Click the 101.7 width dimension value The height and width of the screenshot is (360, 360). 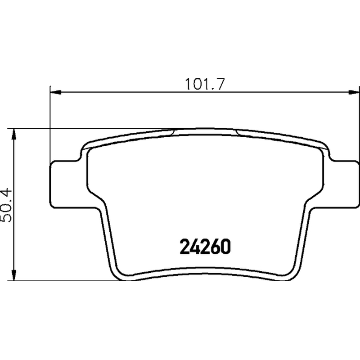[204, 84]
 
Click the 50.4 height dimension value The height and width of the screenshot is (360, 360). [6, 205]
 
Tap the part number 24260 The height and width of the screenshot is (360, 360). [205, 247]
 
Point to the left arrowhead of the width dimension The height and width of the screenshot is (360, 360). [56, 92]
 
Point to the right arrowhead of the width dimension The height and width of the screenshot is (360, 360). [354, 92]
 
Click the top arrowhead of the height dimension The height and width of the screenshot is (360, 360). [14, 134]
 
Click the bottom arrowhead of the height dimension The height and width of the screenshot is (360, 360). [14, 275]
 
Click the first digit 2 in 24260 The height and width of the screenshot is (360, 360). [184, 247]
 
